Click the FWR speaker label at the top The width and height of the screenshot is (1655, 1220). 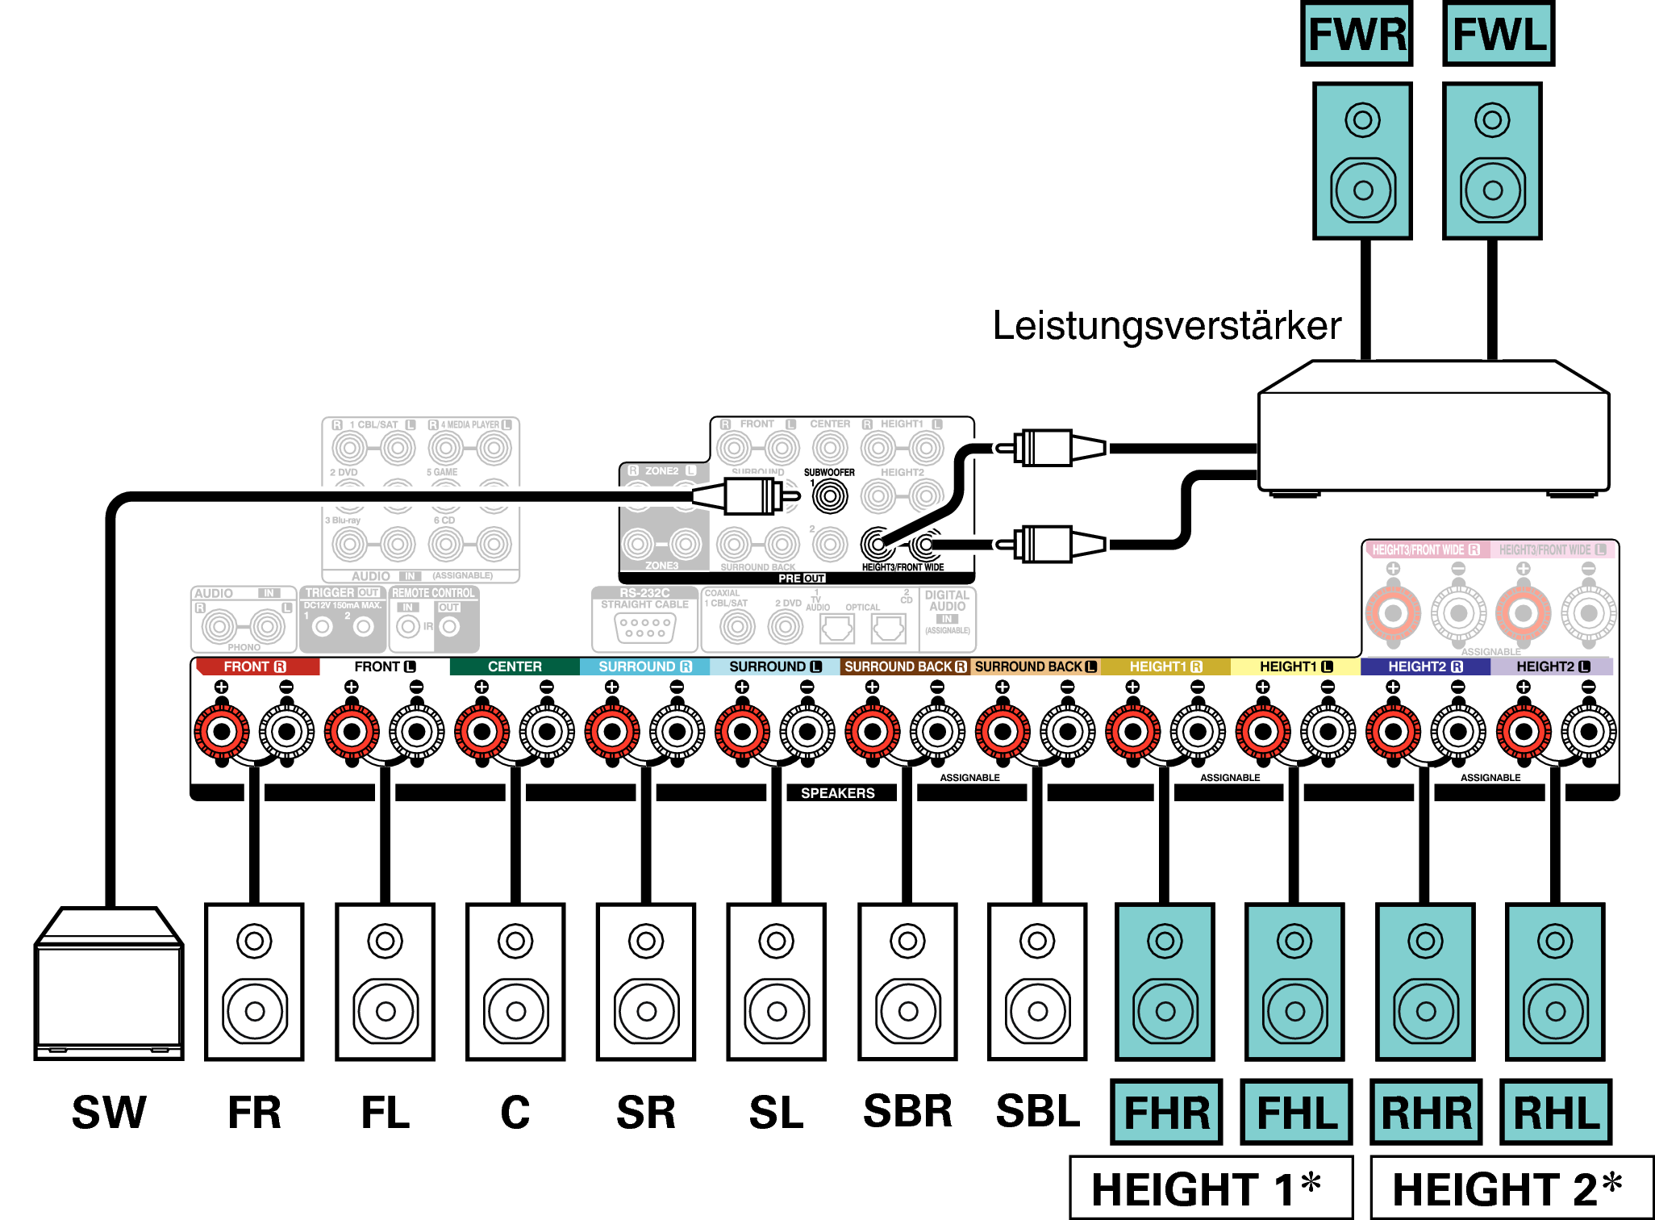point(1357,34)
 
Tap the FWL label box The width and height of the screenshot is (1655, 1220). point(1499,34)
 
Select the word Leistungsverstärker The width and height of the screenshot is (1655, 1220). point(1166,326)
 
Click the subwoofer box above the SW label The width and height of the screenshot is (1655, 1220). point(109,984)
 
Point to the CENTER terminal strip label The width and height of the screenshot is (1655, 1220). point(515,666)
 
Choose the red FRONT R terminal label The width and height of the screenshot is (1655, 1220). point(256,666)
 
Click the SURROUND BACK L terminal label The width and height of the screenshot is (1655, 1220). point(1036,666)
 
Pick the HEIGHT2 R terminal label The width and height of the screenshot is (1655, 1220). point(1424,666)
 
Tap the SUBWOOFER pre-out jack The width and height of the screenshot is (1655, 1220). point(830,495)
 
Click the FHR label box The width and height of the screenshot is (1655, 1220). point(1166,1113)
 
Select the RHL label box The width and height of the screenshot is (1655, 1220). point(1556,1113)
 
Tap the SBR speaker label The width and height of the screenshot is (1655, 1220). point(907,1111)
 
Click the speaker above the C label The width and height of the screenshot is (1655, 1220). point(515,982)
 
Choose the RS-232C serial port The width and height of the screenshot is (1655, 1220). point(644,627)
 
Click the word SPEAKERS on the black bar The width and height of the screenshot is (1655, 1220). point(837,793)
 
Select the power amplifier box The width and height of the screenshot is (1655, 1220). point(1433,428)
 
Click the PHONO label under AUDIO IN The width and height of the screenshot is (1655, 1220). point(244,647)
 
